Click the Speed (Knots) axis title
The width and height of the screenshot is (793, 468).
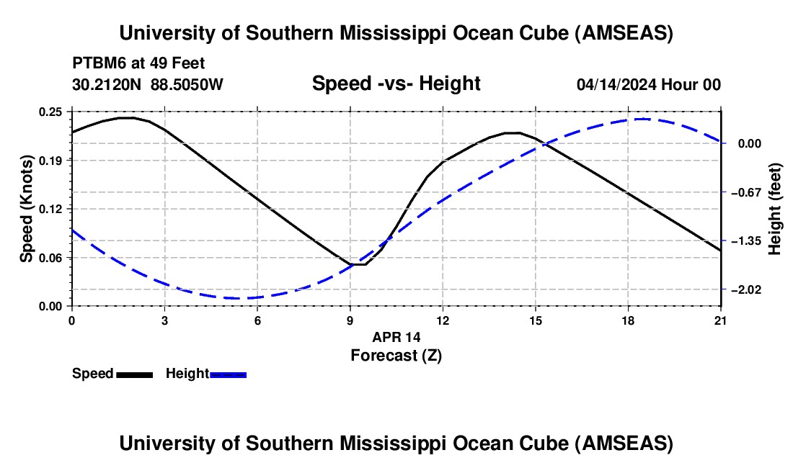pyautogui.click(x=26, y=209)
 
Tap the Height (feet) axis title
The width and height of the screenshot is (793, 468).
pyautogui.click(x=775, y=209)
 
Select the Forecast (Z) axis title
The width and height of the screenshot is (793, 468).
pyautogui.click(x=396, y=355)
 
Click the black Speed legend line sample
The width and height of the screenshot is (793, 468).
pyautogui.click(x=134, y=374)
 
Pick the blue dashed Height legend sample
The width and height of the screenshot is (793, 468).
pyautogui.click(x=229, y=374)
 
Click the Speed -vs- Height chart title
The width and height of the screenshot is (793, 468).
pyautogui.click(x=396, y=84)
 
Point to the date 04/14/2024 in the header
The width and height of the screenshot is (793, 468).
pyautogui.click(x=617, y=85)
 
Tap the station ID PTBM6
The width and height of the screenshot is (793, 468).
pyautogui.click(x=97, y=62)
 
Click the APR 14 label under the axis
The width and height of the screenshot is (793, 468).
pyautogui.click(x=396, y=336)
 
